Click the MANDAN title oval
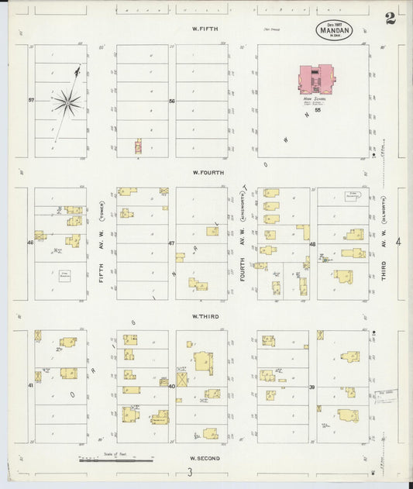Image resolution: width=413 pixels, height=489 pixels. click(x=334, y=30)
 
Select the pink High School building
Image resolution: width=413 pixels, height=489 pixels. click(x=316, y=78)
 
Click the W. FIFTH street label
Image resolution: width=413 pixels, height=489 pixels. click(x=205, y=29)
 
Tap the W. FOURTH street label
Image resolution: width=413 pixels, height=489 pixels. click(x=208, y=172)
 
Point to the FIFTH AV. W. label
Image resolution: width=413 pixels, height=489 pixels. click(x=101, y=263)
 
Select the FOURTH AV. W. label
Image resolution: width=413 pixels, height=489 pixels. click(x=243, y=263)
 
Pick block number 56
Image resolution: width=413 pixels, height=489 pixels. click(x=172, y=101)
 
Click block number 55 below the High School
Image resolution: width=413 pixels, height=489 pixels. click(x=318, y=110)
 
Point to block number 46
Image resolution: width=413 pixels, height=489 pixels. click(x=31, y=243)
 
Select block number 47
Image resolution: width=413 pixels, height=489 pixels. click(x=172, y=243)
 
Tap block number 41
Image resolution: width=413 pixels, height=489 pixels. click(x=31, y=384)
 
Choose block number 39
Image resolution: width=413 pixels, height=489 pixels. click(x=312, y=386)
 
